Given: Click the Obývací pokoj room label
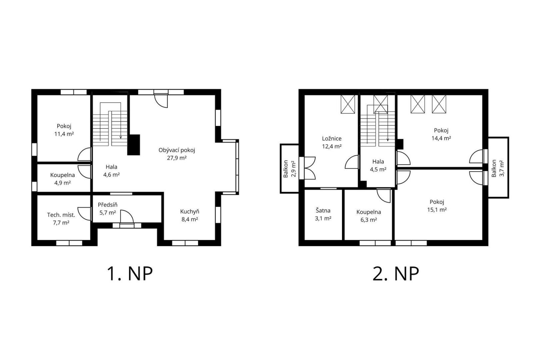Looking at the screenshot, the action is pyautogui.click(x=177, y=150).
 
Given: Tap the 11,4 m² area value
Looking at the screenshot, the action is pyautogui.click(x=64, y=134).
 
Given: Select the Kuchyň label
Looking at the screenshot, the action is pyautogui.click(x=190, y=211).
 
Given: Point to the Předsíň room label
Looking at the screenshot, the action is pyautogui.click(x=108, y=205).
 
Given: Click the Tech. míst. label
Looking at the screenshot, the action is pyautogui.click(x=61, y=215).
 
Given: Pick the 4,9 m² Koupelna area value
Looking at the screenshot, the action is pyautogui.click(x=62, y=183).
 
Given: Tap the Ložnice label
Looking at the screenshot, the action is pyautogui.click(x=332, y=139).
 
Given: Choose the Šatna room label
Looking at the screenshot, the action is pyautogui.click(x=323, y=211).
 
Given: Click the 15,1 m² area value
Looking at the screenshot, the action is pyautogui.click(x=437, y=210).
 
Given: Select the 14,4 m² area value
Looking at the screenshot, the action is pyautogui.click(x=441, y=138).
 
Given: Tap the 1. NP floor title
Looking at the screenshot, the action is pyautogui.click(x=130, y=274).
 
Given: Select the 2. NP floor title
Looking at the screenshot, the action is pyautogui.click(x=396, y=274).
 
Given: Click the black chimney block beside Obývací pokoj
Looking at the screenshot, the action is pyautogui.click(x=134, y=145).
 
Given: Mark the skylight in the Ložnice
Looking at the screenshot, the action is pyautogui.click(x=348, y=104).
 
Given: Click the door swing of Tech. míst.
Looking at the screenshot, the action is pyautogui.click(x=84, y=214).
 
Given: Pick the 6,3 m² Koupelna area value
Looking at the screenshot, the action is pyautogui.click(x=369, y=220).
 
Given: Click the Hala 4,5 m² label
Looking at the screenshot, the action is pyautogui.click(x=378, y=165).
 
